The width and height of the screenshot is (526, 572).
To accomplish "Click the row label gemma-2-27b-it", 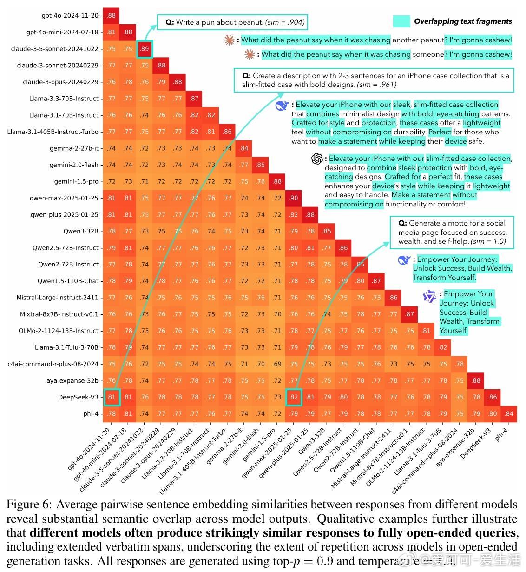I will (x=74, y=148).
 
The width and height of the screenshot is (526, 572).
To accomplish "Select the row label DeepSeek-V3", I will (x=78, y=397).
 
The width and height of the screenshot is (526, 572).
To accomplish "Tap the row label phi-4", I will (x=91, y=414).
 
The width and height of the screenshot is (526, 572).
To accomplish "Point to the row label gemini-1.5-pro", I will (x=76, y=181).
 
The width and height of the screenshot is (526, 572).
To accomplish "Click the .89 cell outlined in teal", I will (x=145, y=49).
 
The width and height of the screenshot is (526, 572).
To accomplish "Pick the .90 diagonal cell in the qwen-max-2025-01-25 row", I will (x=294, y=198).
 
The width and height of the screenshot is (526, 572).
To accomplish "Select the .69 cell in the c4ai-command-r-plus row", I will (x=277, y=364).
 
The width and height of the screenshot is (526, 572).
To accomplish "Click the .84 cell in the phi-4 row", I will (x=509, y=414).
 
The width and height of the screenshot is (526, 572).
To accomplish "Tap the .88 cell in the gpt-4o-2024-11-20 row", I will (x=111, y=16).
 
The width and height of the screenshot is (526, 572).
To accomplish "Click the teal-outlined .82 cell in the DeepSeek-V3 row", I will (x=294, y=397).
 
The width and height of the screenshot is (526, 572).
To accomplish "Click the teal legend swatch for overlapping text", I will (x=401, y=21).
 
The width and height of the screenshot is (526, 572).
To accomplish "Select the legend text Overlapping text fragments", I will (x=463, y=21).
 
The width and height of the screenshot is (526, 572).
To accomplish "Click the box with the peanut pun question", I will (x=232, y=22).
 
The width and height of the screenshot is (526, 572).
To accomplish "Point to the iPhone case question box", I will (x=375, y=80).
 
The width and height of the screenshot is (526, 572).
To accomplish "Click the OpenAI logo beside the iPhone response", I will (x=317, y=159).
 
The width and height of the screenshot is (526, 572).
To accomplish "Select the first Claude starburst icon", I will (x=229, y=40).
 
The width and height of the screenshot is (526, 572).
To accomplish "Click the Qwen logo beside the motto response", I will (x=429, y=296).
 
